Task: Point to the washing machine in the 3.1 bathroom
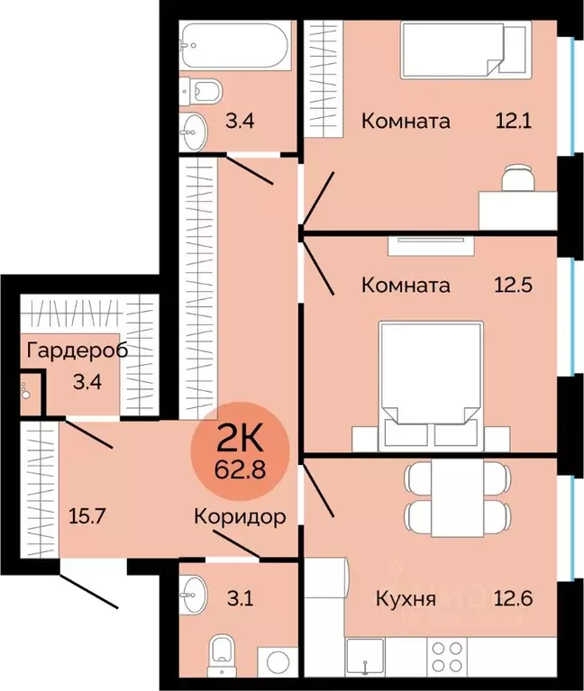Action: click(x=277, y=661)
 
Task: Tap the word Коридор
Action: click(x=241, y=517)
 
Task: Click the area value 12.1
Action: click(x=515, y=120)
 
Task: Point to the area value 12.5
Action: click(x=515, y=286)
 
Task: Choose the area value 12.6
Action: click(x=515, y=598)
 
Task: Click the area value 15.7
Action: click(x=87, y=517)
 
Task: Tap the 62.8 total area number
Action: click(x=239, y=468)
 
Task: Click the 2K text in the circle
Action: click(x=239, y=441)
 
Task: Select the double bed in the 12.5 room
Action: click(x=429, y=383)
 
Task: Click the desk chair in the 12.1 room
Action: click(x=516, y=178)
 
